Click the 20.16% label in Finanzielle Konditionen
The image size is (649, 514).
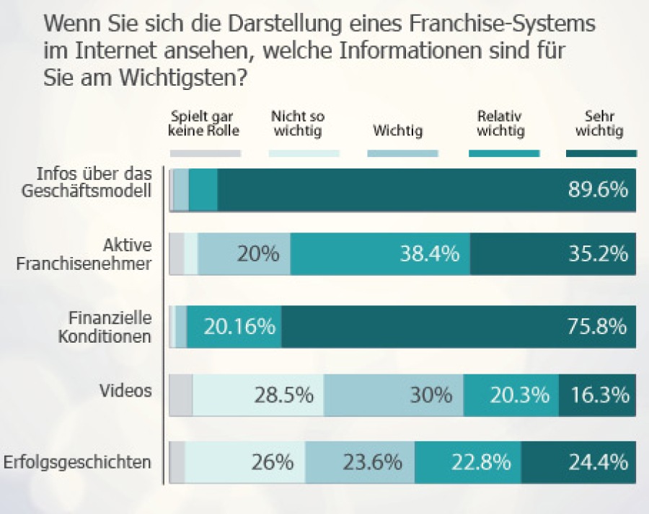(x=239, y=327)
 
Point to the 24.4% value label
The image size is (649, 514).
(x=599, y=461)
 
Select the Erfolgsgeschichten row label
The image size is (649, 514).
(x=78, y=461)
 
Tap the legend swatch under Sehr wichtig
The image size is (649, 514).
(x=601, y=153)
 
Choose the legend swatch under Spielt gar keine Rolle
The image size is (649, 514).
(x=206, y=153)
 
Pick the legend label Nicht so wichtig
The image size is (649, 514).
(x=298, y=124)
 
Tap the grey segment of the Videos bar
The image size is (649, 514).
(x=181, y=395)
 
